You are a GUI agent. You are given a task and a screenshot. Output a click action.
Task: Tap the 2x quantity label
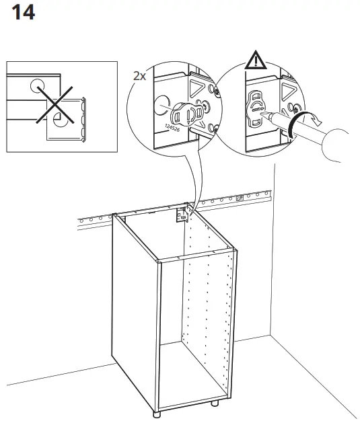(139, 76)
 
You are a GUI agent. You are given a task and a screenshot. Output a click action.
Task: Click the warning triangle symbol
(255, 62)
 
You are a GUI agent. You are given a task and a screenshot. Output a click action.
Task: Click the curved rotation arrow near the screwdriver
(294, 124)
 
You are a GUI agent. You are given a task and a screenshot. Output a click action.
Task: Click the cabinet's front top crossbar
(195, 256)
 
